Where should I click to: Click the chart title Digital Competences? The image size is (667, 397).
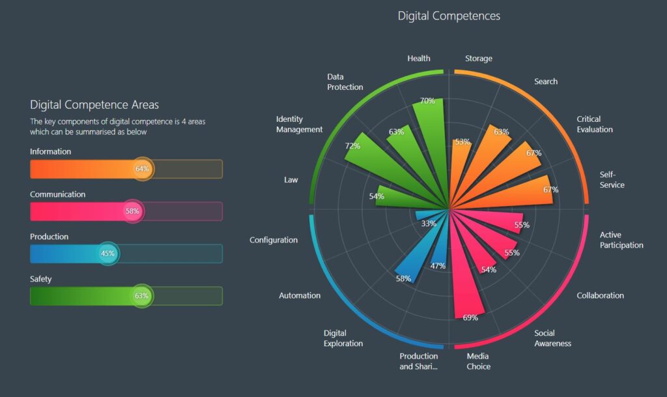tap(449, 16)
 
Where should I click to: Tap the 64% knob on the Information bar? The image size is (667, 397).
tap(142, 169)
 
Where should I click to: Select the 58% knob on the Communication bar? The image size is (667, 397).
tap(133, 211)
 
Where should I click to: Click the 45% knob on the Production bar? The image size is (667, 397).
tap(107, 254)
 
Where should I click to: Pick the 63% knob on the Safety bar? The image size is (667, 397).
tap(141, 296)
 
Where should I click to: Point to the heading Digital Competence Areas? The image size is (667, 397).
tap(94, 104)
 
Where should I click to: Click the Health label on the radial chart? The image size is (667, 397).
tap(419, 58)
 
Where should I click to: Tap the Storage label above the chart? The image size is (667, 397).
tap(479, 58)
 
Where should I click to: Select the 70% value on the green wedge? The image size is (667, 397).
tap(427, 101)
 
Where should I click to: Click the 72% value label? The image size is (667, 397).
tap(352, 145)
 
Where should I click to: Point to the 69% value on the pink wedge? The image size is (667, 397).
tap(470, 318)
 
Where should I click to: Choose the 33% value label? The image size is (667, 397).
tap(429, 224)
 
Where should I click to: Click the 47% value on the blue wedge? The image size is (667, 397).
tap(438, 266)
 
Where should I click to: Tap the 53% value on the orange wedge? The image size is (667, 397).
tap(462, 141)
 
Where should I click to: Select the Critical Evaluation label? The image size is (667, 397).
tap(595, 124)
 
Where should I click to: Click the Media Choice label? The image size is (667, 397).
tap(478, 361)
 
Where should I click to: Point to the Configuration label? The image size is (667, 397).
tap(274, 240)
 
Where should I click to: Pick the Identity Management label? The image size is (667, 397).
tap(299, 124)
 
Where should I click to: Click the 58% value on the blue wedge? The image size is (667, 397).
tap(403, 279)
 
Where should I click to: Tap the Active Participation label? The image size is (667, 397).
tap(621, 240)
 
